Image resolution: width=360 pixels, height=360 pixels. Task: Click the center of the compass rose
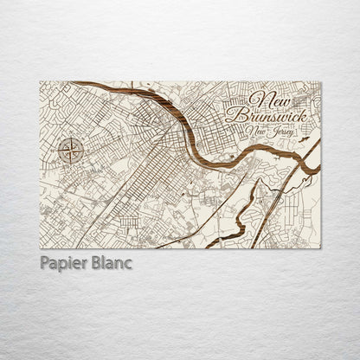[72, 152]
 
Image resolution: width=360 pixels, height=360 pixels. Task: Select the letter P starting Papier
[44, 263]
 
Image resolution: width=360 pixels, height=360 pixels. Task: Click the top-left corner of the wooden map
[41, 82]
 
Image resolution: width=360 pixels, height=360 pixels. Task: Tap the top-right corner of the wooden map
[320, 82]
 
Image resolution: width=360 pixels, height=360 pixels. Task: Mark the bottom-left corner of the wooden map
[41, 247]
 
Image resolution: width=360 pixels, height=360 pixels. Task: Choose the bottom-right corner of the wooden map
[320, 247]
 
